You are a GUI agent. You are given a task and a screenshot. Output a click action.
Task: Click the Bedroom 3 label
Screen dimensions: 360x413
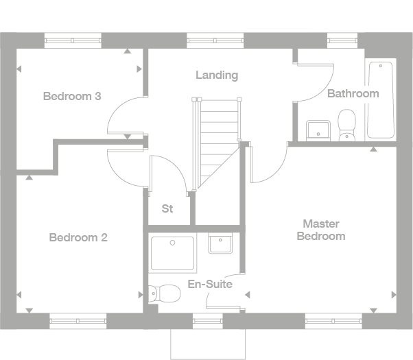click(72, 96)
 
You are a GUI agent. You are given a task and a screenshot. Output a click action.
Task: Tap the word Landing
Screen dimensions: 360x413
click(216, 75)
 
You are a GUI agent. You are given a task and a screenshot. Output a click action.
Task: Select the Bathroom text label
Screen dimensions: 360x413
click(353, 93)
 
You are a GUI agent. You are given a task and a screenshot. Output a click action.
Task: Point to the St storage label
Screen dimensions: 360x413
click(167, 208)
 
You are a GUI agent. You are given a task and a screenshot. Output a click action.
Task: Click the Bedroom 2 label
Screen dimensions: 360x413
click(78, 238)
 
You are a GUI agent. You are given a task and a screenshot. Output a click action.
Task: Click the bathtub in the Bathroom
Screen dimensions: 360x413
click(381, 100)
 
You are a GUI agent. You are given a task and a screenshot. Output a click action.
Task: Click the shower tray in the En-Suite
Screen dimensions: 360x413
click(172, 253)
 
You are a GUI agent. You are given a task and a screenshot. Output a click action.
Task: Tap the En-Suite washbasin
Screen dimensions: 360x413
click(220, 243)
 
